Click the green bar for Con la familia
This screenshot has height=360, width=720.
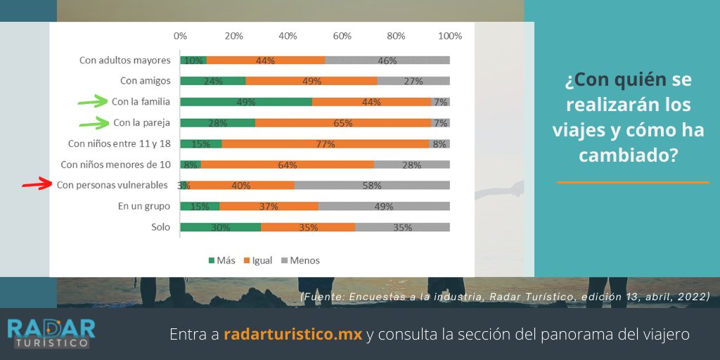pos(246,102)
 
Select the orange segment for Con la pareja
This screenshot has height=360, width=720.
pos(343,123)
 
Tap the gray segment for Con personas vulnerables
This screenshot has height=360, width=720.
pos(372,186)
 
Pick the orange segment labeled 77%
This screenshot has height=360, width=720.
pos(325,144)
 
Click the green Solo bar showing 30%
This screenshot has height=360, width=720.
pos(220,227)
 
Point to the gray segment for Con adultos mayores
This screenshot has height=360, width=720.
pos(387,60)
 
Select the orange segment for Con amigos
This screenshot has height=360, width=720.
pos(311,81)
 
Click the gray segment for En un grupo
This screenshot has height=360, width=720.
pos(383,207)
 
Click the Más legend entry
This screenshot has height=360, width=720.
pos(221,260)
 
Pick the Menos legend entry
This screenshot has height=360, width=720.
pos(300,260)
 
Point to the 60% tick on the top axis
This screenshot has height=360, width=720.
pos(342,36)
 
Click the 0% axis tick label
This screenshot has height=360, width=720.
pos(180,36)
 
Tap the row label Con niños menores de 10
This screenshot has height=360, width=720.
pos(115,165)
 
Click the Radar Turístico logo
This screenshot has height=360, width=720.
pos(51,333)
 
